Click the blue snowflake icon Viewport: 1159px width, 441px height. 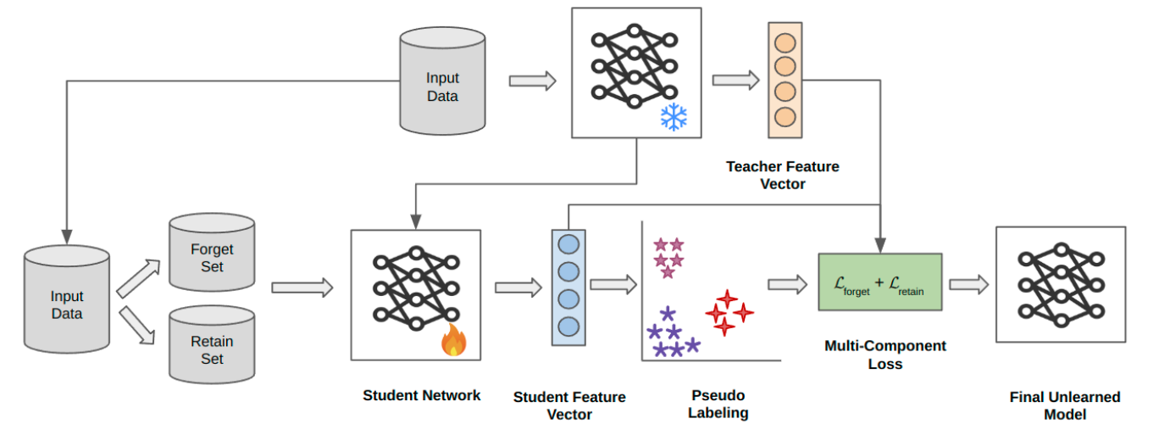coord(674,117)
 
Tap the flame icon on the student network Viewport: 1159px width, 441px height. coord(454,341)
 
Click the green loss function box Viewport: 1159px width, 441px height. coord(879,282)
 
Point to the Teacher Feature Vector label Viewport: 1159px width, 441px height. coord(782,175)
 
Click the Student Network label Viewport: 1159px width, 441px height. coord(421,395)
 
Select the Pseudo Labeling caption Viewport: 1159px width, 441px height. coord(718,405)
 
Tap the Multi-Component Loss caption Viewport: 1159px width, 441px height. coord(884,354)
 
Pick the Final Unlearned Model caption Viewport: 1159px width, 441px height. coord(1064,405)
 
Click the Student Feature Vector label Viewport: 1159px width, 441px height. coord(568,405)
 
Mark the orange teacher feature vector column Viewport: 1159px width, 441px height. coord(785,80)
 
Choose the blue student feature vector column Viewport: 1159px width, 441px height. coord(568,287)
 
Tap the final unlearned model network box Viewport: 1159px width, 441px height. coord(1060,284)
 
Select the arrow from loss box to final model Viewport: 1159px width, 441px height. coord(968,285)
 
